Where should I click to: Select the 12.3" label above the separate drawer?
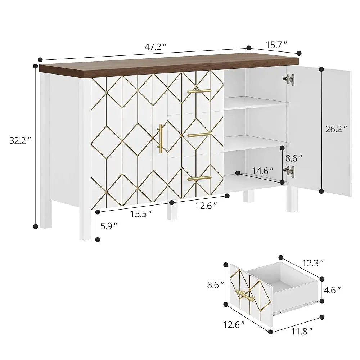tap(311, 263)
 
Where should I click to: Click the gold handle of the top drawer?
tap(199, 91)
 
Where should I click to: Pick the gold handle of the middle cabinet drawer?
tap(199, 135)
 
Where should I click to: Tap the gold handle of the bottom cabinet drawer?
tap(199, 178)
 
